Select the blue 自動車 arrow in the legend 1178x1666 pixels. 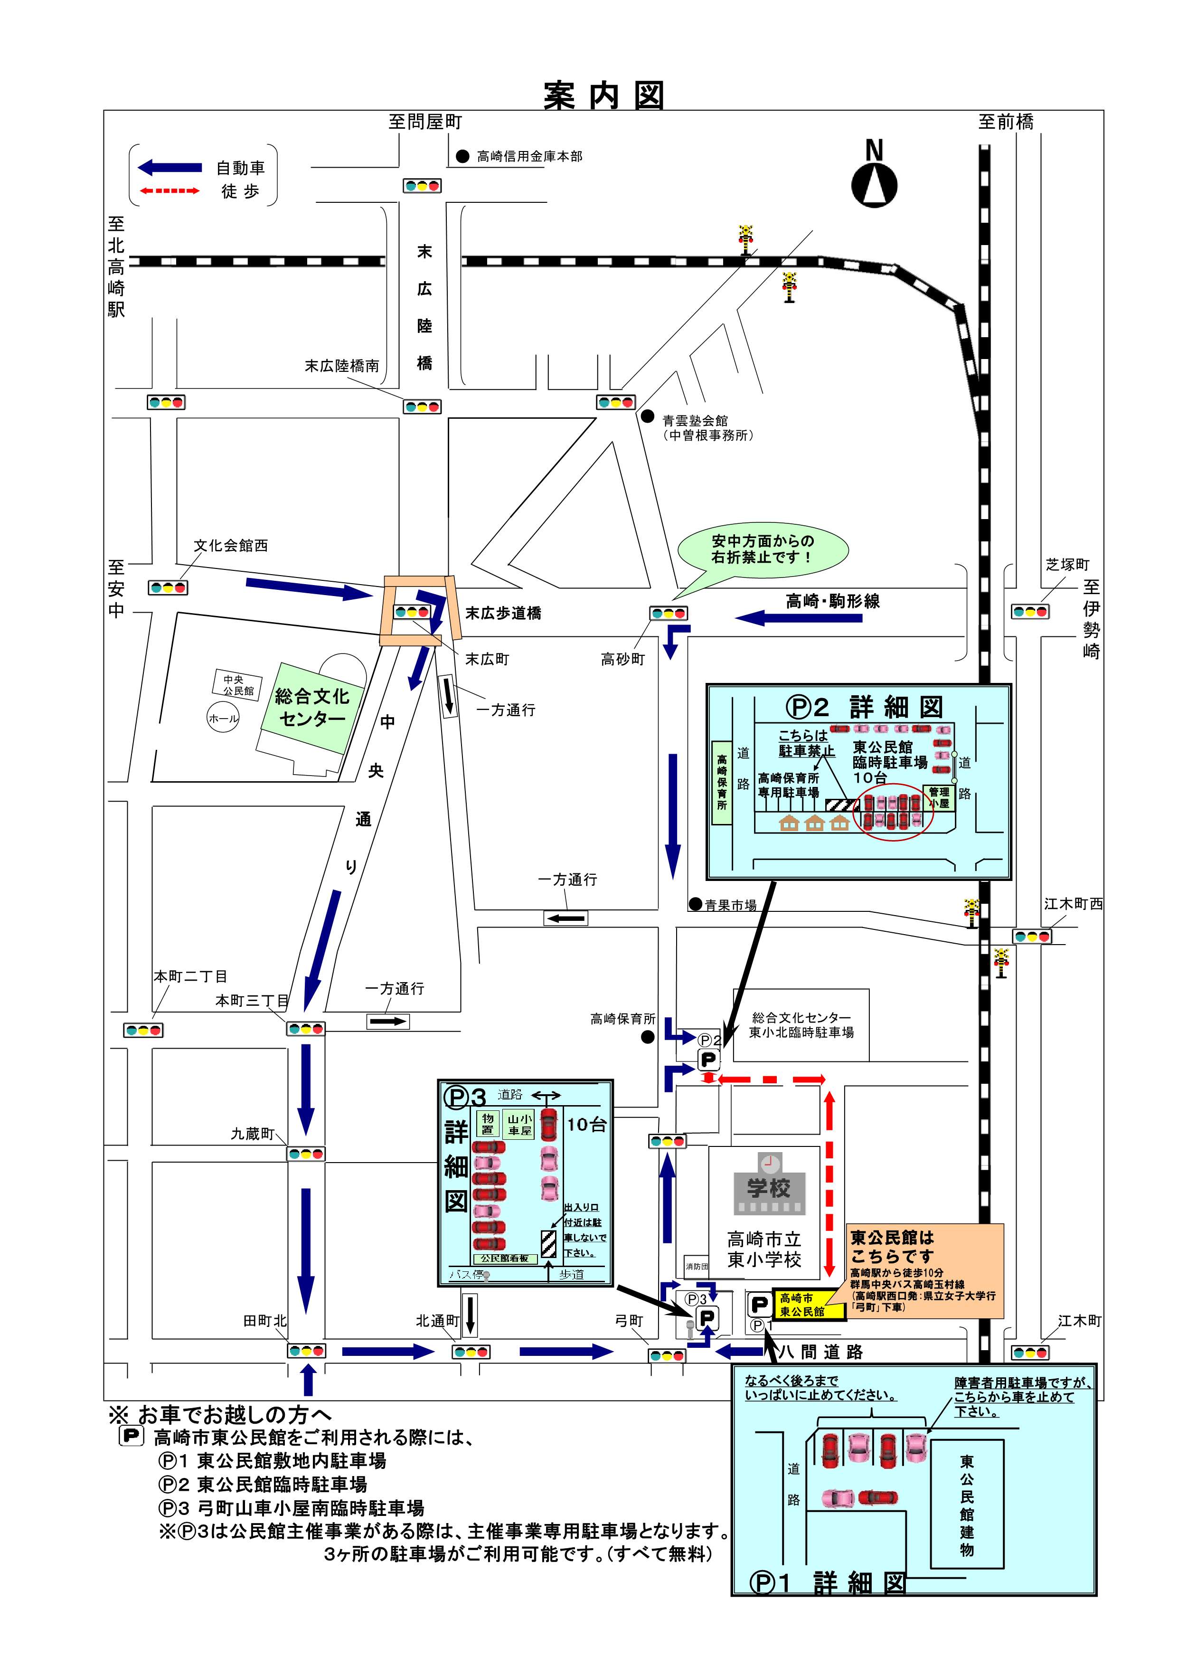170,168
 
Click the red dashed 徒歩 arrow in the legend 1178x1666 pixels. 170,191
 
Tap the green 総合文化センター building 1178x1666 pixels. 312,708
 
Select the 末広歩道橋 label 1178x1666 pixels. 503,613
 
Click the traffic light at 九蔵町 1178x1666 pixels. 305,1153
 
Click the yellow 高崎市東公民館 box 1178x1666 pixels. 808,1305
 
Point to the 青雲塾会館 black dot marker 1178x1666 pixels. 647,416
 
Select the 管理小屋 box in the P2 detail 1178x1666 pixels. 939,797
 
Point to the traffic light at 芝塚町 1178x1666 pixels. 1030,612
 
